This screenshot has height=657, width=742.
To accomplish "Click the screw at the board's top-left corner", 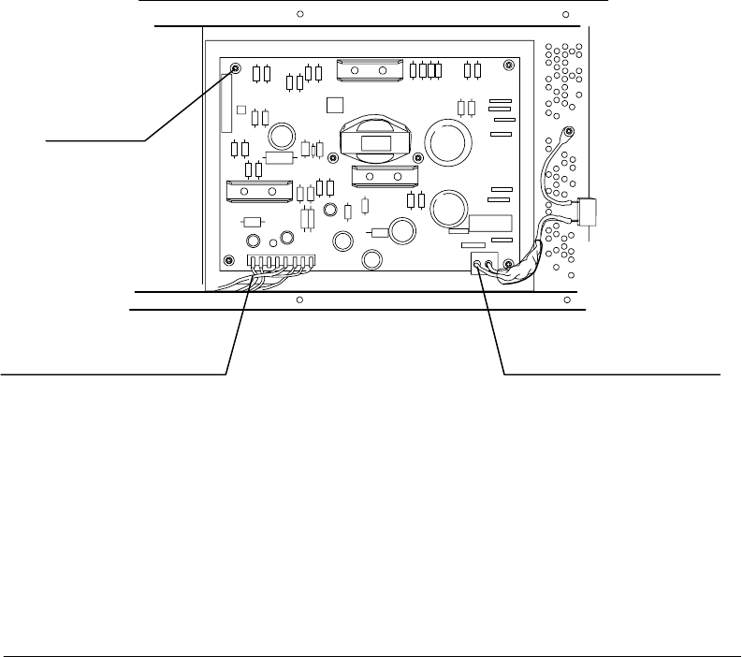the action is (x=234, y=67).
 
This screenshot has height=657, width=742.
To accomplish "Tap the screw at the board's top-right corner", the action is (x=508, y=66).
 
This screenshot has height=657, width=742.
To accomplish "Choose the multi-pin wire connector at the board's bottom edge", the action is (x=281, y=262).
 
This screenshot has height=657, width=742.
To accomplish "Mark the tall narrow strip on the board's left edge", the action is (x=226, y=103).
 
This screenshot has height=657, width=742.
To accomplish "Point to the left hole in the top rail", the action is (x=298, y=15).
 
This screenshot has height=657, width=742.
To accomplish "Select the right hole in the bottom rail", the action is (x=566, y=300).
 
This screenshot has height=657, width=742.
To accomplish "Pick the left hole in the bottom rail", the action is (x=298, y=300).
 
